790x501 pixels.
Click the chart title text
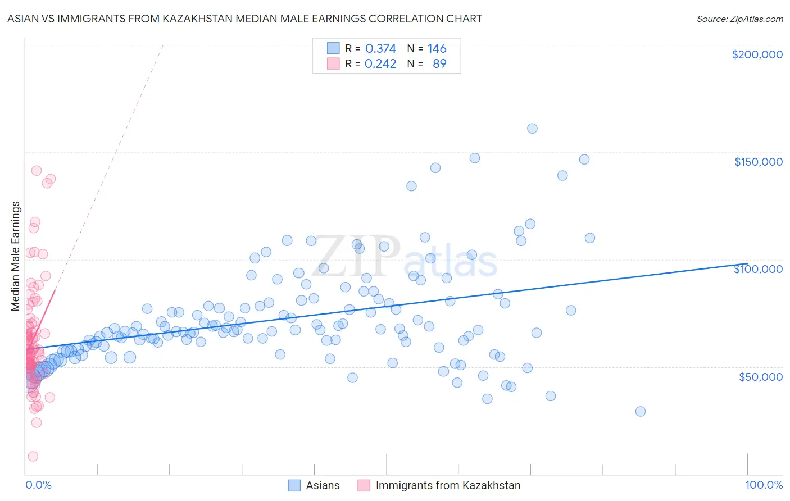(x=244, y=19)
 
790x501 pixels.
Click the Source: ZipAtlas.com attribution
(x=739, y=19)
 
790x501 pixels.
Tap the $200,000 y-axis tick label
(x=757, y=54)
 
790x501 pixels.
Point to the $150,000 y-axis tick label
(x=758, y=162)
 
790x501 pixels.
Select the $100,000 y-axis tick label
(x=758, y=269)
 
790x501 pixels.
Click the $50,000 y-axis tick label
(x=760, y=376)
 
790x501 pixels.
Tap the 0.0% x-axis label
(x=38, y=485)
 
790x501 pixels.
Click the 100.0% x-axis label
(x=764, y=485)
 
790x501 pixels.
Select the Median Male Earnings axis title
(x=16, y=256)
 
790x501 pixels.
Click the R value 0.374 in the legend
(x=380, y=49)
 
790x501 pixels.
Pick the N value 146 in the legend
(x=437, y=49)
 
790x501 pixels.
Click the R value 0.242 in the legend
(x=380, y=64)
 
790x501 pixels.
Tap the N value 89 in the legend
(x=439, y=64)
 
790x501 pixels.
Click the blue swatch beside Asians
(x=294, y=485)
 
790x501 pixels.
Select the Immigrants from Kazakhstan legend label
(x=448, y=485)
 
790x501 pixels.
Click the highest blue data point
(x=532, y=129)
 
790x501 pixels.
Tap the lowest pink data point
(x=33, y=457)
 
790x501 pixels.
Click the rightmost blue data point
(x=640, y=411)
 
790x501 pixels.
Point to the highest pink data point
(x=37, y=170)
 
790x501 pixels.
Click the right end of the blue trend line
(x=747, y=263)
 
